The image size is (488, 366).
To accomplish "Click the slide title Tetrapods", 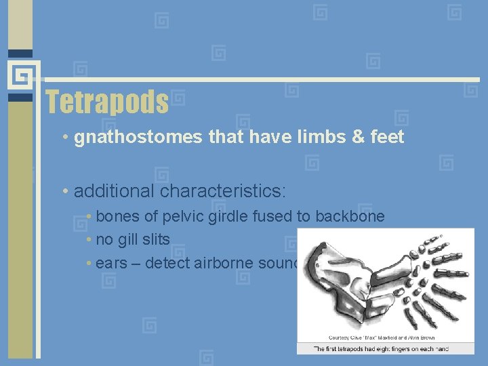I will [x=107, y=102].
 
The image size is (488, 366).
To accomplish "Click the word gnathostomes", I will [x=139, y=138].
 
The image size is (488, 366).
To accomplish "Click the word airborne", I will [x=216, y=263].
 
